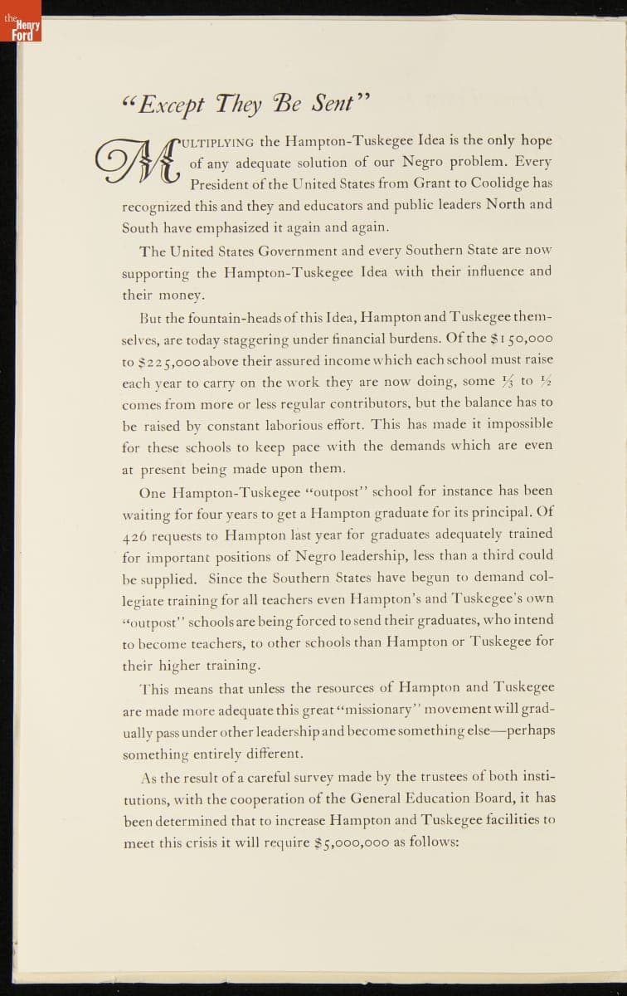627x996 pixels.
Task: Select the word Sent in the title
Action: [333, 105]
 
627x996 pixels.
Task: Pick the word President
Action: [221, 183]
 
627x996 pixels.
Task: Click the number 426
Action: [137, 535]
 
